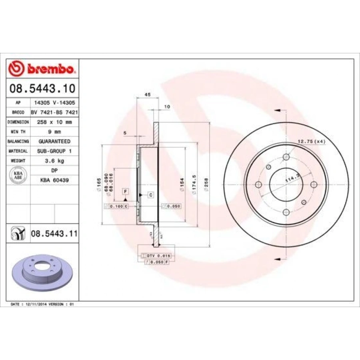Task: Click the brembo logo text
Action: (x=50, y=69)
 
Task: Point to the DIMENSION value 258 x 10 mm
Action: (x=54, y=122)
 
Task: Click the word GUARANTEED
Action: (x=54, y=141)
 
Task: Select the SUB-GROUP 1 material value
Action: (x=54, y=151)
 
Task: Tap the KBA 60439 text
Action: (x=54, y=180)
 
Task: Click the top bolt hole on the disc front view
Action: (x=286, y=157)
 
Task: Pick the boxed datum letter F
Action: (x=125, y=192)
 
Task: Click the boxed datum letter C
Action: (x=151, y=195)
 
